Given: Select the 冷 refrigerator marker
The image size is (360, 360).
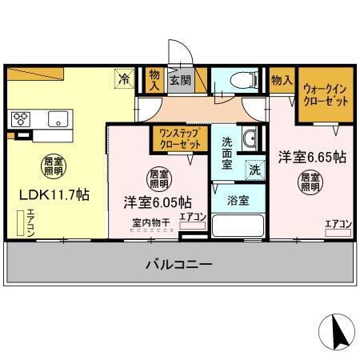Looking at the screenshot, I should tap(125, 78).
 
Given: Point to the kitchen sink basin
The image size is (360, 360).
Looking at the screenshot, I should tap(58, 119).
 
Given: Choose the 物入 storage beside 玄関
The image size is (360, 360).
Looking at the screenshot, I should tap(154, 78).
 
